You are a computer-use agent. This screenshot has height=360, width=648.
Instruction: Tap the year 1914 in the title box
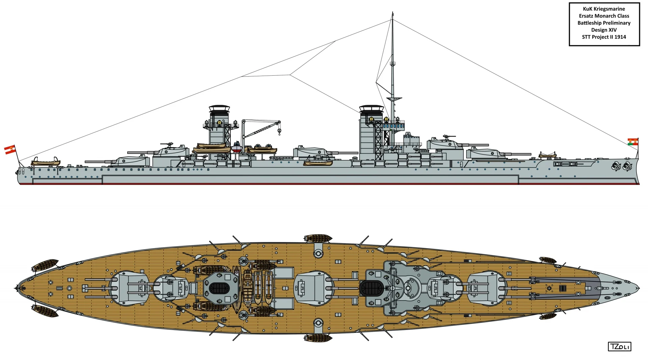click(x=620, y=37)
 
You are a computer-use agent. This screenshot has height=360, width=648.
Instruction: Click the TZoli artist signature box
click(x=619, y=346)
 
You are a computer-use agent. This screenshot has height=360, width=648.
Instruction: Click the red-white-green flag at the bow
click(x=633, y=142)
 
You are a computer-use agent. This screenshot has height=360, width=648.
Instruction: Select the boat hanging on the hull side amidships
click(x=318, y=163)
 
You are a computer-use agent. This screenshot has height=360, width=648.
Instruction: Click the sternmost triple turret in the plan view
click(x=130, y=288)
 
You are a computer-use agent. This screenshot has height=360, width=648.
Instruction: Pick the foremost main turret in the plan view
click(x=486, y=288)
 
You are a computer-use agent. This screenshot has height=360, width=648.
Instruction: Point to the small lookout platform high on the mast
click(x=393, y=63)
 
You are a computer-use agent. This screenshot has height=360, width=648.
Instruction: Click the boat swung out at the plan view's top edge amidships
click(x=318, y=238)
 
